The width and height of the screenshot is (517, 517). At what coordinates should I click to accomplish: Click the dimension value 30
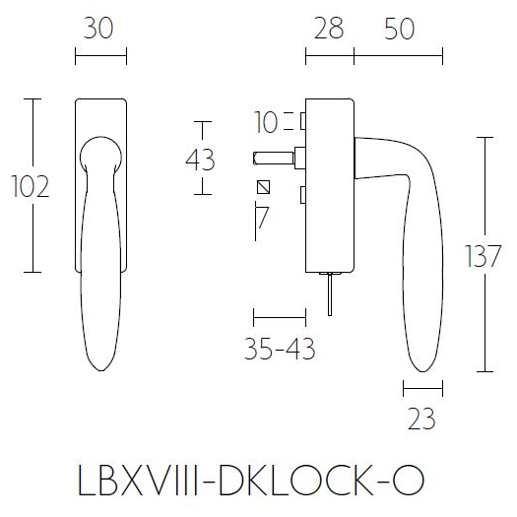click(x=100, y=30)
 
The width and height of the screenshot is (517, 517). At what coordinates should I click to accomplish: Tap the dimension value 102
click(x=29, y=185)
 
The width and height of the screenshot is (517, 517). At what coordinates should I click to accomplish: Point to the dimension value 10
click(x=266, y=123)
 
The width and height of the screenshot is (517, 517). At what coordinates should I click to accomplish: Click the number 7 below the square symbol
click(x=262, y=217)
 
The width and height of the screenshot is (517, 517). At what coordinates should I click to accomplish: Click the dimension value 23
click(x=420, y=420)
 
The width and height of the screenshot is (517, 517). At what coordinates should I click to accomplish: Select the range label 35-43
click(x=282, y=350)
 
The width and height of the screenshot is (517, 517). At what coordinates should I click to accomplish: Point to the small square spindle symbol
click(x=262, y=187)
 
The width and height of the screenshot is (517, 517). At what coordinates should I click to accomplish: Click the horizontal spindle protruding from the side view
click(x=276, y=156)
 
